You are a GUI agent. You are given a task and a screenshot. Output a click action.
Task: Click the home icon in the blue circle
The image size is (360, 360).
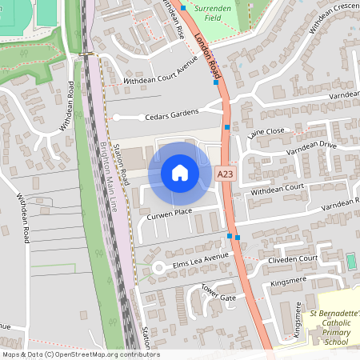pyautogui.click(x=180, y=173)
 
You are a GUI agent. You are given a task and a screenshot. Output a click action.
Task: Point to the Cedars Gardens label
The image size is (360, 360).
pyautogui.click(x=172, y=117)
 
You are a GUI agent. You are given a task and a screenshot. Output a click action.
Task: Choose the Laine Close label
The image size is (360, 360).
pyautogui.click(x=266, y=131)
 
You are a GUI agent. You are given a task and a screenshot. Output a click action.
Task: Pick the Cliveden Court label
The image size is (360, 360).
pyautogui.click(x=294, y=259)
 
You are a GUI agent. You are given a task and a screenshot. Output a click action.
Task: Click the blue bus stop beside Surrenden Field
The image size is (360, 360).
pyautogui.click(x=182, y=7)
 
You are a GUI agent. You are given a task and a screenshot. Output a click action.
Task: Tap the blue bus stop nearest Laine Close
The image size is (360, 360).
pyautogui.click(x=227, y=127)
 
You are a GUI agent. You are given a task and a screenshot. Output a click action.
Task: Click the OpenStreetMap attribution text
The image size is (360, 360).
pyautogui.click(x=81, y=354)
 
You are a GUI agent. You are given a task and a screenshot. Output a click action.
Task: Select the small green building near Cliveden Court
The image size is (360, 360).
pyautogui.click(x=350, y=262)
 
